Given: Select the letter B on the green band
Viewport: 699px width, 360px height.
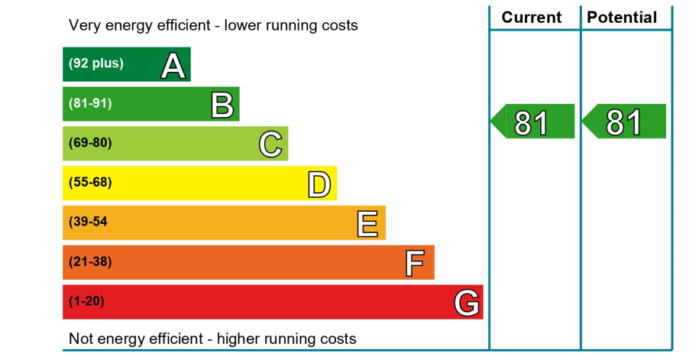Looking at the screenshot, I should (222, 105).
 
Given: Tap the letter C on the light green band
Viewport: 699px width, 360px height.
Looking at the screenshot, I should (270, 144).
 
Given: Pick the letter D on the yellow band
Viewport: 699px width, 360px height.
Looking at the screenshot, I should (319, 184).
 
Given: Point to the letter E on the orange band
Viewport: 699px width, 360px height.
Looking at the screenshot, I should (367, 224).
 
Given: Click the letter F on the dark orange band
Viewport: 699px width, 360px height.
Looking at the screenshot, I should (414, 264).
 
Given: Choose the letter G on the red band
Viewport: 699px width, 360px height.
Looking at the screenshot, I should (467, 303).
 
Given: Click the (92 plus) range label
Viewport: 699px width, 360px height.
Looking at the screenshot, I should (95, 63).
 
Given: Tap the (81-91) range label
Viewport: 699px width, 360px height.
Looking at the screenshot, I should (90, 103).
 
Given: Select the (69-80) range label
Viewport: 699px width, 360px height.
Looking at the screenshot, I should (90, 143).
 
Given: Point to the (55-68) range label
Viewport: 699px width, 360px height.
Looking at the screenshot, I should (90, 183).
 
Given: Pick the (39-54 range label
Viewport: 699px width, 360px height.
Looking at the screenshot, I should (88, 222).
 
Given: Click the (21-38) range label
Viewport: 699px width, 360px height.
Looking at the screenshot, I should (90, 262).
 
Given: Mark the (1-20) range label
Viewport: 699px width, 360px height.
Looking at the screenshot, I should (86, 302).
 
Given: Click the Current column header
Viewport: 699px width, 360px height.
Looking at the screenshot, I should (531, 18).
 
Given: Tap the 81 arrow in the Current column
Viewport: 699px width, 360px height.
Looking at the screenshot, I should (532, 122).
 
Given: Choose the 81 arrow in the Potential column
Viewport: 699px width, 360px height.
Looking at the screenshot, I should (623, 122).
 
